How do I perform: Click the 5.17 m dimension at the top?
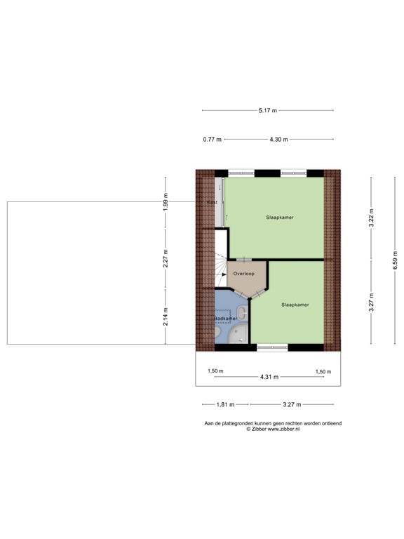267,110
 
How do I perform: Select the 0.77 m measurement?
212,140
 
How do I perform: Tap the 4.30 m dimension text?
278,140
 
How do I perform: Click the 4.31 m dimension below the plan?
269,377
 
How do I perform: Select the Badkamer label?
226,319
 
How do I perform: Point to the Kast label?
212,202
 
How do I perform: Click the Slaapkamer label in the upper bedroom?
279,218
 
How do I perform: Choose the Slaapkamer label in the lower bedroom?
295,305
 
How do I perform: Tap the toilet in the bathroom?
243,312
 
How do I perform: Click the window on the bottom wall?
272,347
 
